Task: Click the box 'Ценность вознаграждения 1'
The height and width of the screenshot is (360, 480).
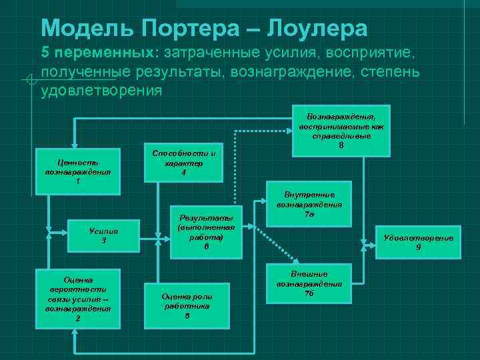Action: pos(77,171)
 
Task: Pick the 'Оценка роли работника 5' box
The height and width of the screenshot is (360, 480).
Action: pos(187,305)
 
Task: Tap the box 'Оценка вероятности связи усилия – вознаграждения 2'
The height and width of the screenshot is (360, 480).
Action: pos(78,299)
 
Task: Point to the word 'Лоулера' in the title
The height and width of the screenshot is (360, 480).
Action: pos(317,28)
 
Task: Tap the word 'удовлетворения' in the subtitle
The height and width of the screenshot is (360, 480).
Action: pos(101,90)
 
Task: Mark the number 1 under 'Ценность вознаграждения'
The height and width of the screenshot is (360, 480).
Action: pos(77,181)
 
